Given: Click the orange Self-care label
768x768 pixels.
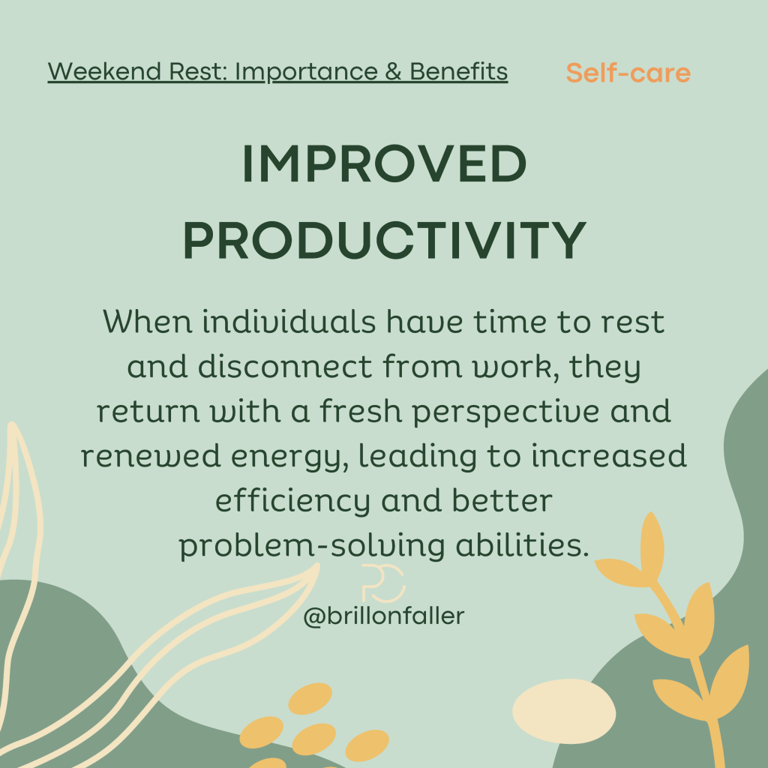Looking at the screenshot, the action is pos(628,73).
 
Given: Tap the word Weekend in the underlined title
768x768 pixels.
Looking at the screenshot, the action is pos(104,71).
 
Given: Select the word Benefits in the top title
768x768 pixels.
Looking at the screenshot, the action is pos(458,71).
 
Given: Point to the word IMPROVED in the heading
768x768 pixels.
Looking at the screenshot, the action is pos(385,164).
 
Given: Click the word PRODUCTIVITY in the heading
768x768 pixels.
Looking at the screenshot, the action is pos(385,240).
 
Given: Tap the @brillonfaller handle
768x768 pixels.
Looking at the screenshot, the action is pos(384,616).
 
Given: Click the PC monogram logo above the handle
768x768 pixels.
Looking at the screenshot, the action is pos(383,583).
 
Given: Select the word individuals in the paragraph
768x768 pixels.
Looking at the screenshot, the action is pos(289,322).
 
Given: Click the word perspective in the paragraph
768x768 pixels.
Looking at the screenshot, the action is pos(505,412).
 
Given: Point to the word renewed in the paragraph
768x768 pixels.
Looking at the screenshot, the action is pos(151,455).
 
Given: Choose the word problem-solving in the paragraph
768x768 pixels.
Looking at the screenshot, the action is pos(312,546).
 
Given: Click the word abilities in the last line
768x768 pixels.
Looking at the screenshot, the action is pos(522,545).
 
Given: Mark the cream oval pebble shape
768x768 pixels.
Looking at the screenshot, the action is pos(564,711).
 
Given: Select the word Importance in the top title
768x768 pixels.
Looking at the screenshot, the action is pos(307,72).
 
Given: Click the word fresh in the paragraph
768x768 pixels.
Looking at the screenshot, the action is pos(361,411).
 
